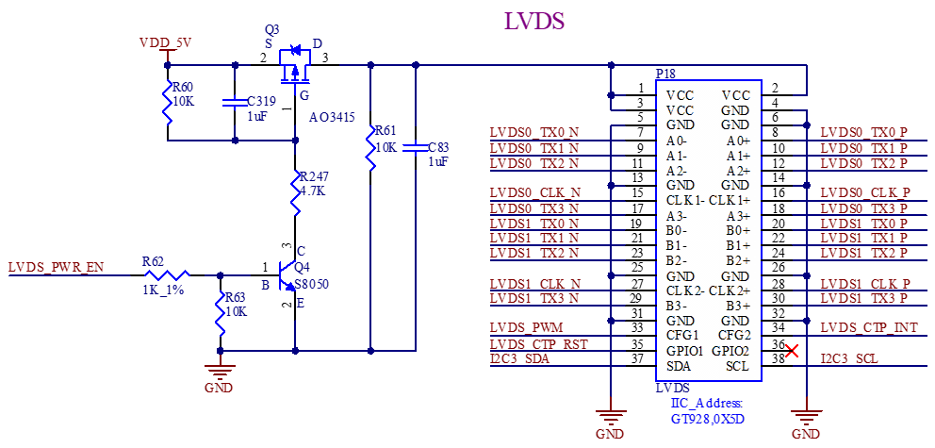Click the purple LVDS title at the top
coord(534,22)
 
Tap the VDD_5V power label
coord(167,42)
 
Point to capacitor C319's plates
coord(235,102)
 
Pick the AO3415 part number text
coord(332,118)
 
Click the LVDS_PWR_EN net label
coord(56,267)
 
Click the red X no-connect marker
coord(793,351)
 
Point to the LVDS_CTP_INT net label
coord(870,327)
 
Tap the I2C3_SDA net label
coord(520,359)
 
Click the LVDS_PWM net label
coord(526,327)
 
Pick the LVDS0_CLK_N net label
coord(535,193)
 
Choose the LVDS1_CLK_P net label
coord(866,284)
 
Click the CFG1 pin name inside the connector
coord(681,336)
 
